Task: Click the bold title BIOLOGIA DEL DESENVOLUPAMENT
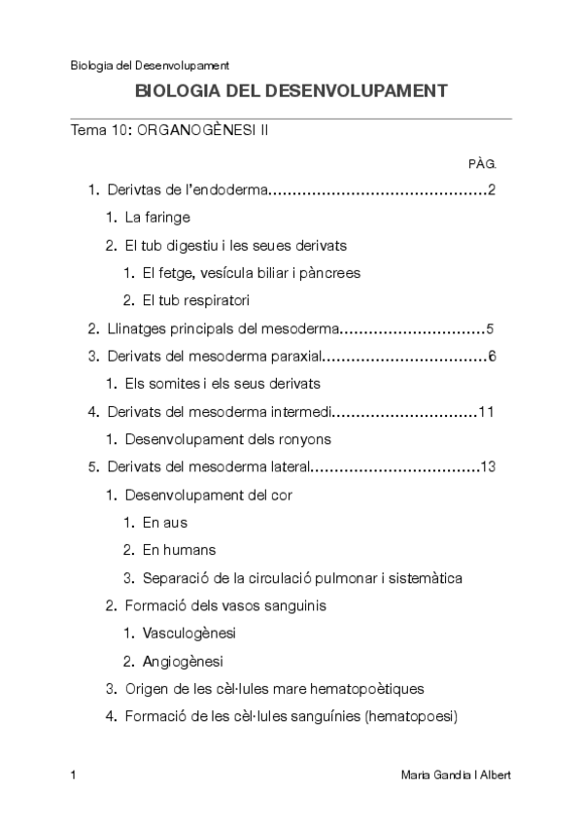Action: coord(291,91)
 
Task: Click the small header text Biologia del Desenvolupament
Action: coord(150,66)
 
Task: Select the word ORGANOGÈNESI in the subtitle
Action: coord(193,130)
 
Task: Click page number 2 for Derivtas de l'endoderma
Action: coord(493,189)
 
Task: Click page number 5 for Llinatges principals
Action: coord(493,328)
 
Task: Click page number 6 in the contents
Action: coord(493,357)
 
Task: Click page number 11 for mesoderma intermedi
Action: coord(488,412)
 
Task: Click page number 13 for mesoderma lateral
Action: coord(488,467)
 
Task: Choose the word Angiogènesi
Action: coord(182,662)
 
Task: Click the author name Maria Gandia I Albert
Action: coord(455,775)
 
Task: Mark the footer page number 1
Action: coord(74,775)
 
